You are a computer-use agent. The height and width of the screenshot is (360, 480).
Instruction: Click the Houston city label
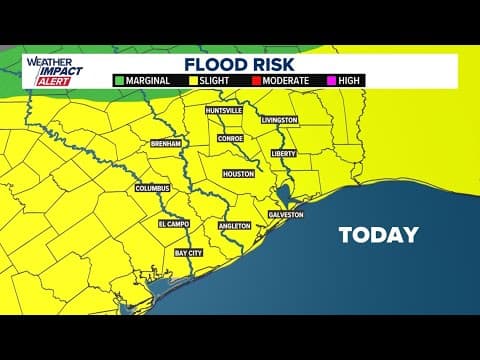tap(238, 173)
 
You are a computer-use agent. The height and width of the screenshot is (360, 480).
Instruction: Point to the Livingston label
tap(279, 119)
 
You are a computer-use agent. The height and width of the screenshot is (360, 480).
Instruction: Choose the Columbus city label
tap(153, 187)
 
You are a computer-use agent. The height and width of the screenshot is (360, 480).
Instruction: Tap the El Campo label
tap(173, 224)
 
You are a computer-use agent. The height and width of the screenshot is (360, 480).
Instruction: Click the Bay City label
tap(188, 254)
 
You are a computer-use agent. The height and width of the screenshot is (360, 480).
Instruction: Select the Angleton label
tap(233, 226)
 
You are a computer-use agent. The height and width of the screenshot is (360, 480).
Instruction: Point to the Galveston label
tap(285, 215)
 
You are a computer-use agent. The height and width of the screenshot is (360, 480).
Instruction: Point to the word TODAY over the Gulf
tap(378, 236)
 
